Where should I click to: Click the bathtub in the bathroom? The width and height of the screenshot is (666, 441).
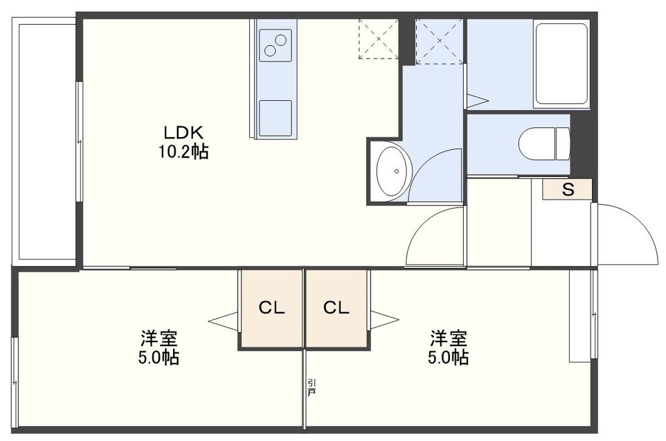pyautogui.click(x=561, y=63)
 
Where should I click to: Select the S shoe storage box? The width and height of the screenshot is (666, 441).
pyautogui.click(x=568, y=190)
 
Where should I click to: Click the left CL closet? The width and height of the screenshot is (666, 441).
pyautogui.click(x=272, y=308)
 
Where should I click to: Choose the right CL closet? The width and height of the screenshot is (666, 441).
pyautogui.click(x=336, y=308)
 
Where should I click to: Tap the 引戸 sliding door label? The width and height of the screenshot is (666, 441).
pyautogui.click(x=312, y=388)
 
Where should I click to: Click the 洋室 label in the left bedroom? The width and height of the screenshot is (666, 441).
pyautogui.click(x=159, y=338)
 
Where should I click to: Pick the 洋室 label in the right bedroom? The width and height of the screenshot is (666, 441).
pyautogui.click(x=447, y=338)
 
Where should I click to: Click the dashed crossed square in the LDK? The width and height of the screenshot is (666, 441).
pyautogui.click(x=378, y=39)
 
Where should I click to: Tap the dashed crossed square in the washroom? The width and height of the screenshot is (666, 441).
pyautogui.click(x=440, y=41)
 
